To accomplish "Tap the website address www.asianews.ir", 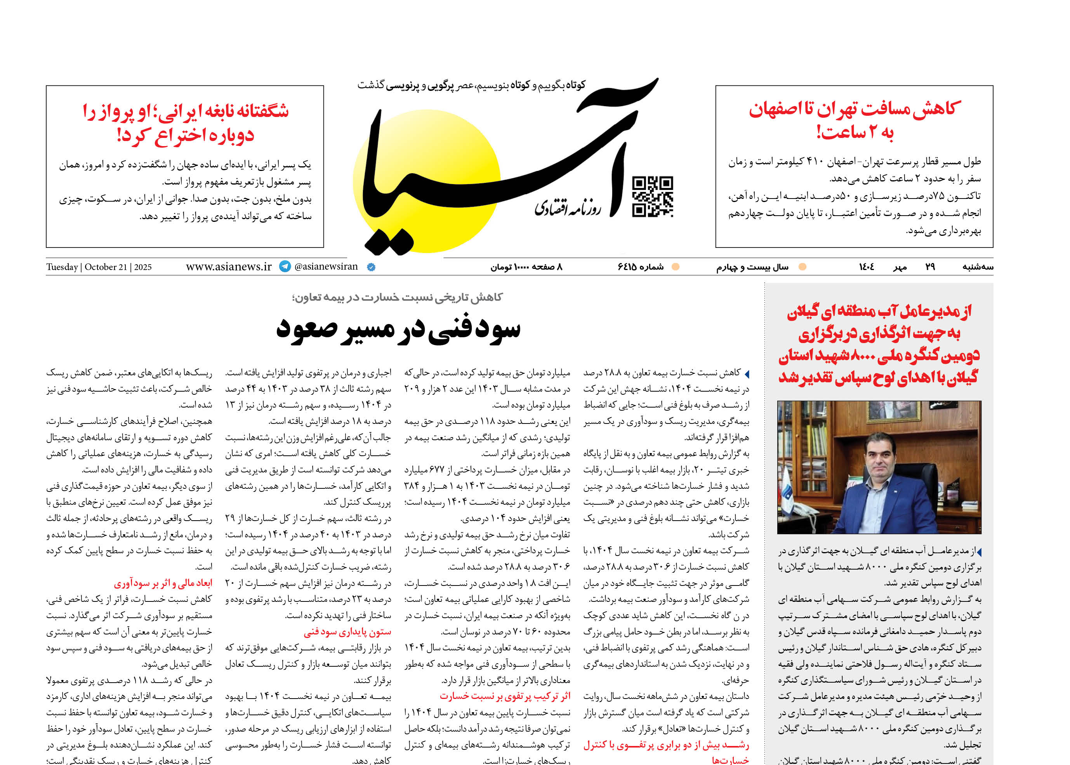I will (229, 267).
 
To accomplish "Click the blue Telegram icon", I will (285, 267).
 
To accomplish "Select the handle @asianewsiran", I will (326, 267).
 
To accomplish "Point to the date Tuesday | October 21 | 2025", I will (99, 267).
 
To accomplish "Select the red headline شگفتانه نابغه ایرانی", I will (186, 122).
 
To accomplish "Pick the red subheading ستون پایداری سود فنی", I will (347, 632).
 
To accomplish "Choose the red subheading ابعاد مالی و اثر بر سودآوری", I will (163, 583).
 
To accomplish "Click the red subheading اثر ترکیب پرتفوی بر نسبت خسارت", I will (505, 696).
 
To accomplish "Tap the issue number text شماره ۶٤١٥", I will (641, 267).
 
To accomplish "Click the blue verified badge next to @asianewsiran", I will (371, 267).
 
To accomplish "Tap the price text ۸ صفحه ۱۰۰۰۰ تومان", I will (526, 267).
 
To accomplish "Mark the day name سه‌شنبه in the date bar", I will (977, 267).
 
